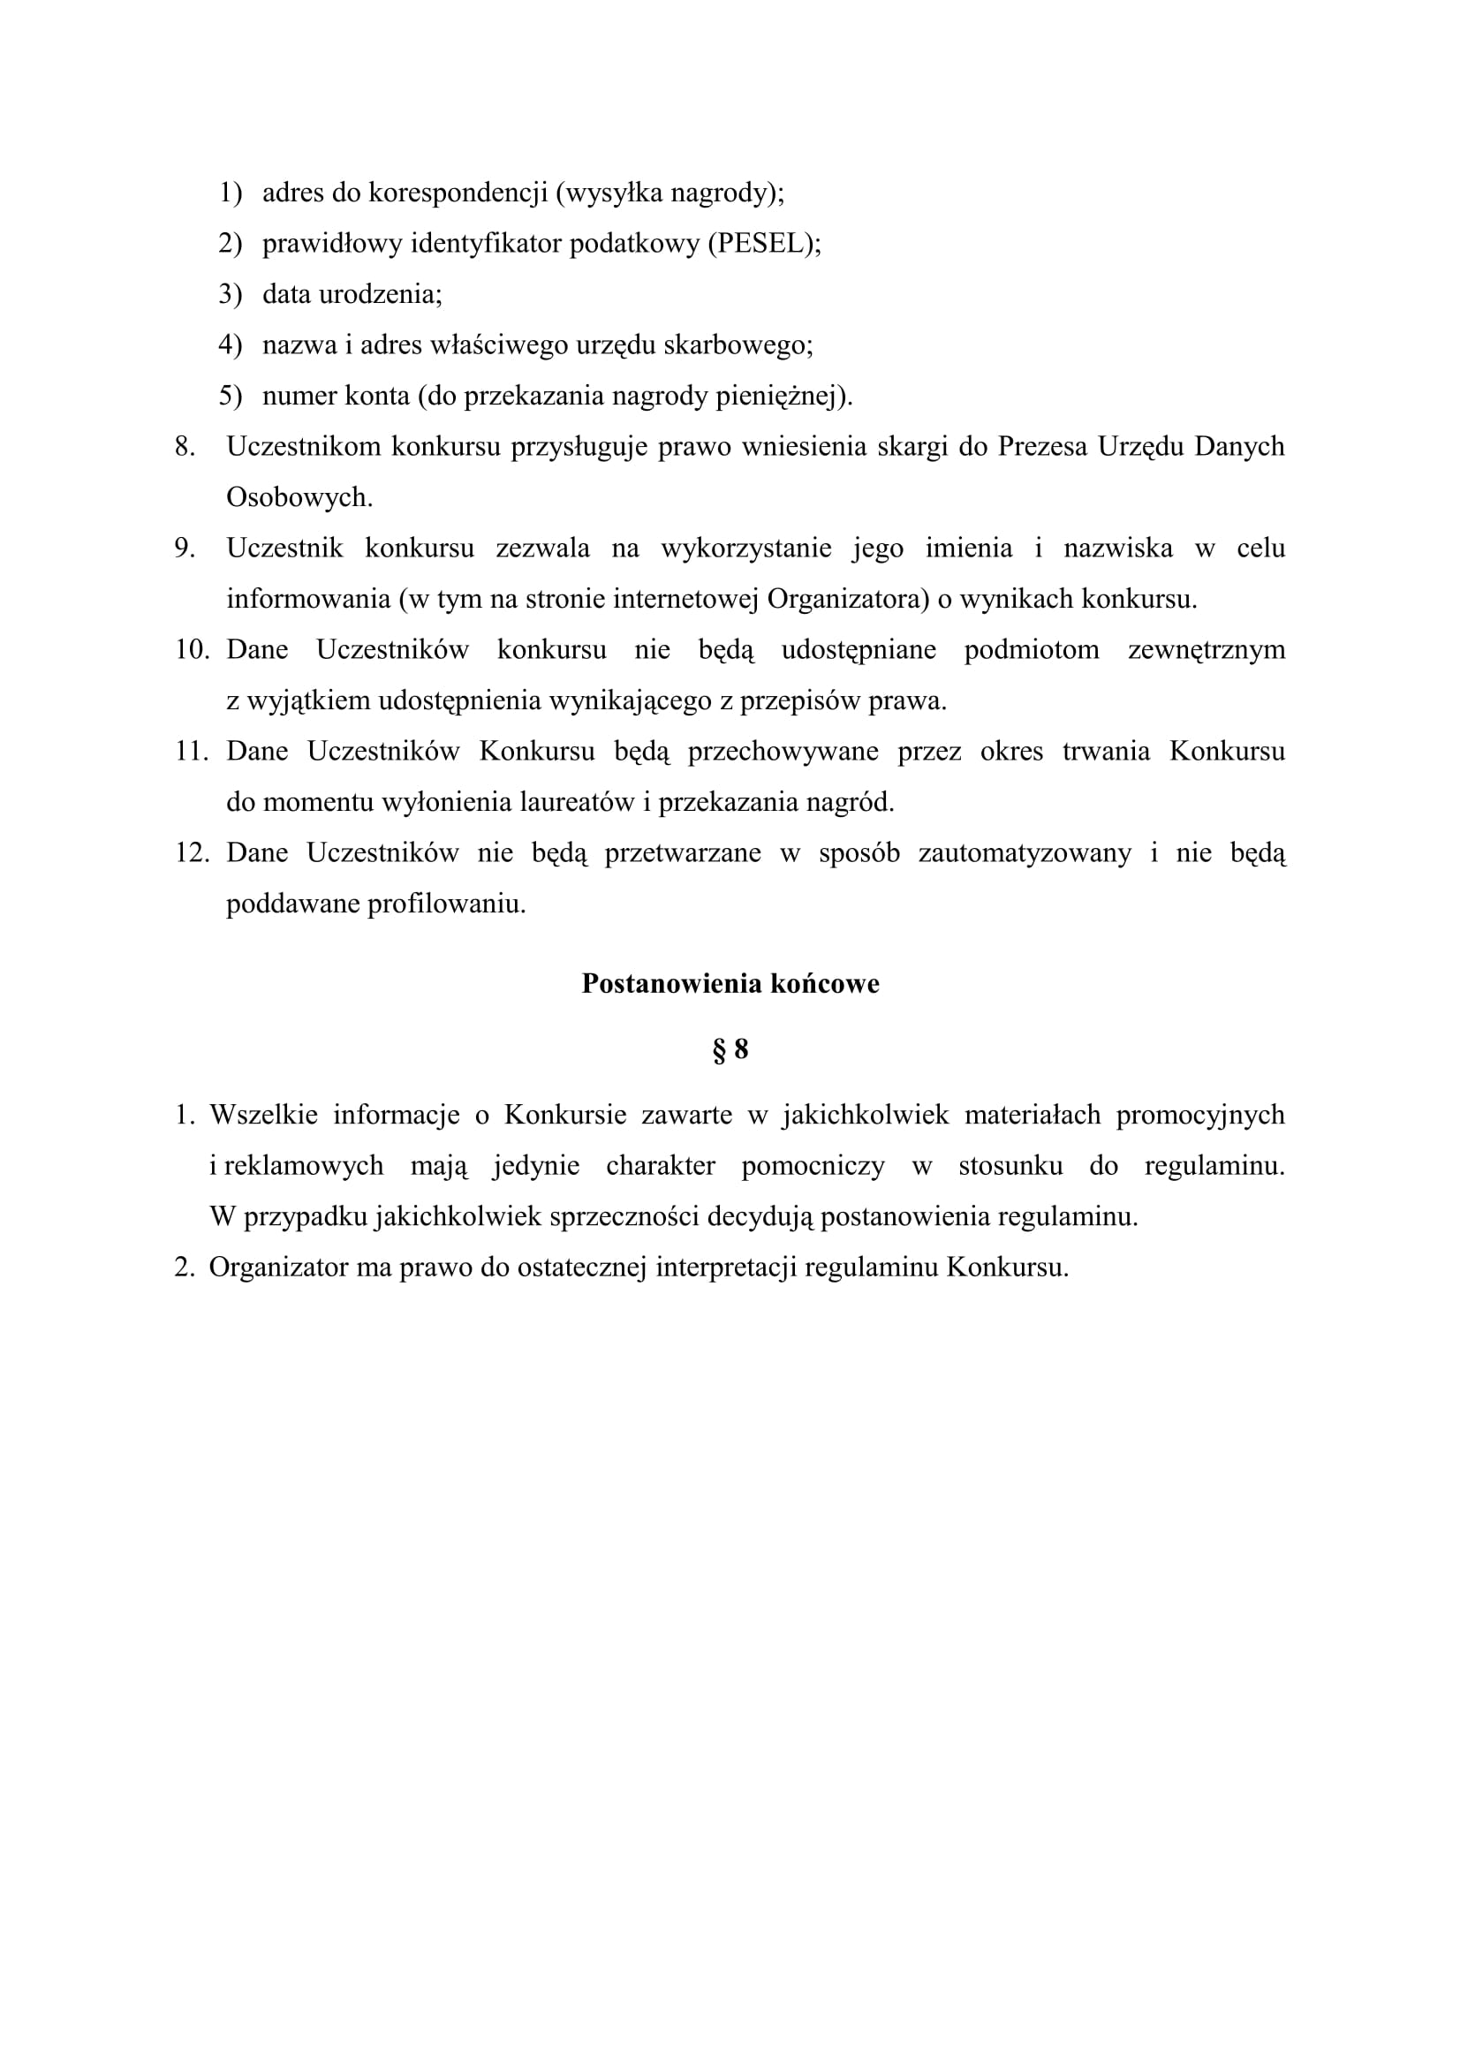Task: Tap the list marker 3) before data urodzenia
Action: click(x=230, y=294)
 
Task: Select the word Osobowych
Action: click(x=299, y=497)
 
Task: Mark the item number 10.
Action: click(x=192, y=650)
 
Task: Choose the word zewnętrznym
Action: click(x=1207, y=650)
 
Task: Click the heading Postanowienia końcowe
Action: click(x=730, y=983)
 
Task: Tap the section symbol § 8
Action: click(x=730, y=1049)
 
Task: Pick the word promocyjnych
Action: click(x=1200, y=1115)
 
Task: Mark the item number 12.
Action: click(x=192, y=853)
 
